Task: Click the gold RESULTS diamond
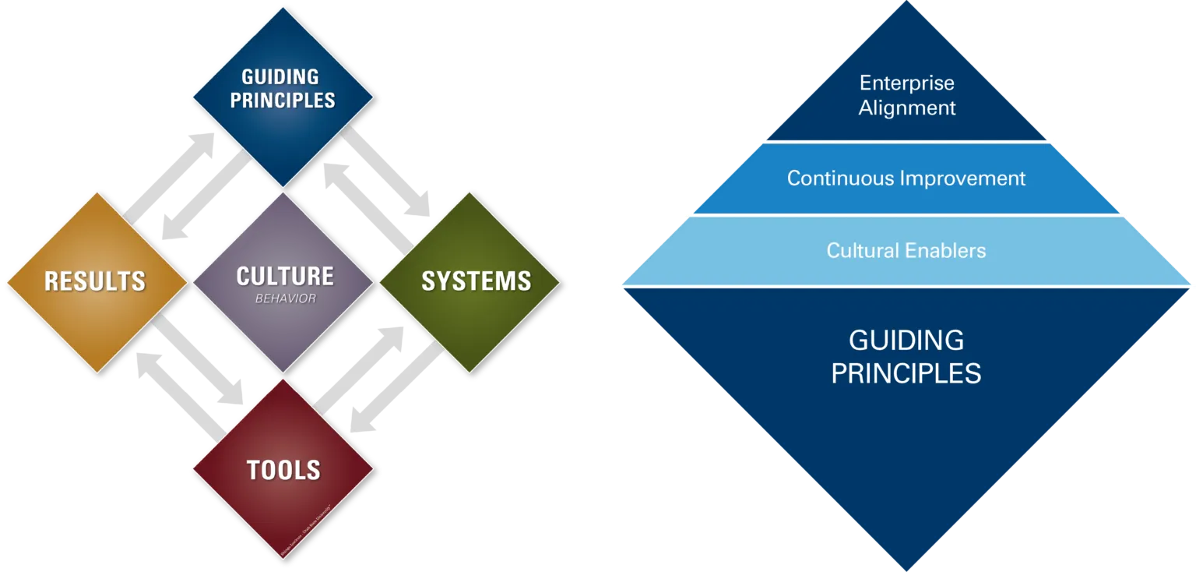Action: coord(96,281)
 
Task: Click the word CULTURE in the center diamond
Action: coord(284,276)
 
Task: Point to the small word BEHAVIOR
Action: coord(285,298)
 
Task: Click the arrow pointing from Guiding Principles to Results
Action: coord(204,198)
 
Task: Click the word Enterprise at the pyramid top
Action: coord(906,83)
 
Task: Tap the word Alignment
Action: coord(907,108)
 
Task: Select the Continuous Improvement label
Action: coord(906,178)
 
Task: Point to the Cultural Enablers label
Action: coord(906,251)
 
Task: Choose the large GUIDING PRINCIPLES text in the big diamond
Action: coord(906,357)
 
